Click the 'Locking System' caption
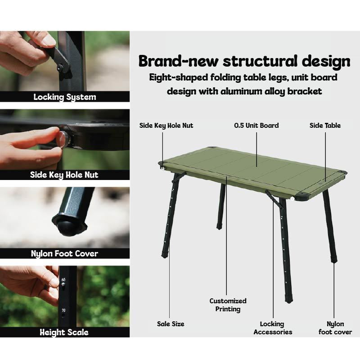tap(65, 97)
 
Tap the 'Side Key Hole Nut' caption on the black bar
tap(64, 175)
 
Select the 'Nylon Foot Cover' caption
tap(64, 254)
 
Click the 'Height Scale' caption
tap(64, 332)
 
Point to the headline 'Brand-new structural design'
tap(244, 62)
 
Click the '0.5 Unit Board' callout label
tap(256, 126)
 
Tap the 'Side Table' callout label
tap(325, 126)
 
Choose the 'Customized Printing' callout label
tap(228, 305)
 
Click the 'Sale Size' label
tap(171, 324)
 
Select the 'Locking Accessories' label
tap(273, 328)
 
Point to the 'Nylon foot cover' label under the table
tap(335, 328)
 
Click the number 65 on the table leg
tap(63, 279)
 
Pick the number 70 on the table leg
tap(63, 310)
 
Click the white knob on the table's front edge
tap(292, 198)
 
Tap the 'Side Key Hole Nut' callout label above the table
tap(166, 126)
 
